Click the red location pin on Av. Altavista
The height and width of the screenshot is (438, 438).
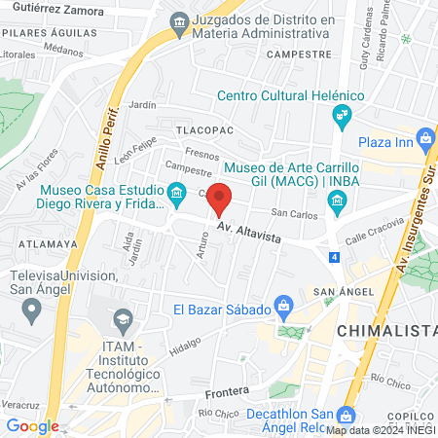coord(220,198)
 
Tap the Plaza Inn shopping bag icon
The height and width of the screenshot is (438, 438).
coord(425,140)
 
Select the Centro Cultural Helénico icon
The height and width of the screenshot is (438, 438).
coord(342,118)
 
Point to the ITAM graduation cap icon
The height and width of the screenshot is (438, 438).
coord(123,318)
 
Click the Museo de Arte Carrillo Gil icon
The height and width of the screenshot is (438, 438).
coord(337,202)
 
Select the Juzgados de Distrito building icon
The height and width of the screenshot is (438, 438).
coord(179,21)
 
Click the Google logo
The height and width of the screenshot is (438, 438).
coord(32,425)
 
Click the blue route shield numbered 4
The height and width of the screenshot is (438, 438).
coord(334,257)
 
